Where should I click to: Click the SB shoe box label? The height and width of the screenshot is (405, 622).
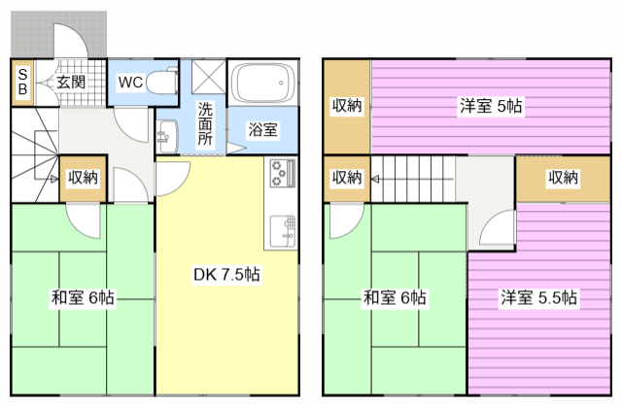tap(22, 82)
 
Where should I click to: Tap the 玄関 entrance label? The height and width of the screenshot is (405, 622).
tap(71, 82)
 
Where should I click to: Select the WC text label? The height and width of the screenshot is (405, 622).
tap(130, 82)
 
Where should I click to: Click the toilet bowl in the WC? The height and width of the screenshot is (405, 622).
tap(162, 83)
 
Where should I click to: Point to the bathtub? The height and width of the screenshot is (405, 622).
tap(264, 83)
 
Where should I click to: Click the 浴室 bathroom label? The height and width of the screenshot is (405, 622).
tap(262, 129)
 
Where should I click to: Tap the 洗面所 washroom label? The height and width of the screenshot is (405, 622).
tap(205, 123)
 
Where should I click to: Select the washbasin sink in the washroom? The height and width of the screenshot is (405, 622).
tap(168, 136)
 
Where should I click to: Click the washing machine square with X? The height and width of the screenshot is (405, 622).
tap(208, 77)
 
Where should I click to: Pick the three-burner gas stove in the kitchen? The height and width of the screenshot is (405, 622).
tap(283, 172)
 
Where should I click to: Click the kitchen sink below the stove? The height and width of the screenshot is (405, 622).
tap(283, 231)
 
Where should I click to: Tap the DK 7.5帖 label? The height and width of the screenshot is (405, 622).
tap(226, 274)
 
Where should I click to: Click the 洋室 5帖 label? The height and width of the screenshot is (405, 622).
tap(491, 106)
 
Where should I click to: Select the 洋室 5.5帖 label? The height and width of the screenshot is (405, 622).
tap(538, 297)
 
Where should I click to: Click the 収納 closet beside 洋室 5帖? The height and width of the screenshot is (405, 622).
tap(347, 106)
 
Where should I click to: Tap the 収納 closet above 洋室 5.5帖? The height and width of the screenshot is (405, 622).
tap(563, 178)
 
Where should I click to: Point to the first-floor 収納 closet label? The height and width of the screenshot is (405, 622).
tap(83, 177)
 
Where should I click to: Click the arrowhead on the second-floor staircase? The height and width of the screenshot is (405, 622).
tap(375, 179)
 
